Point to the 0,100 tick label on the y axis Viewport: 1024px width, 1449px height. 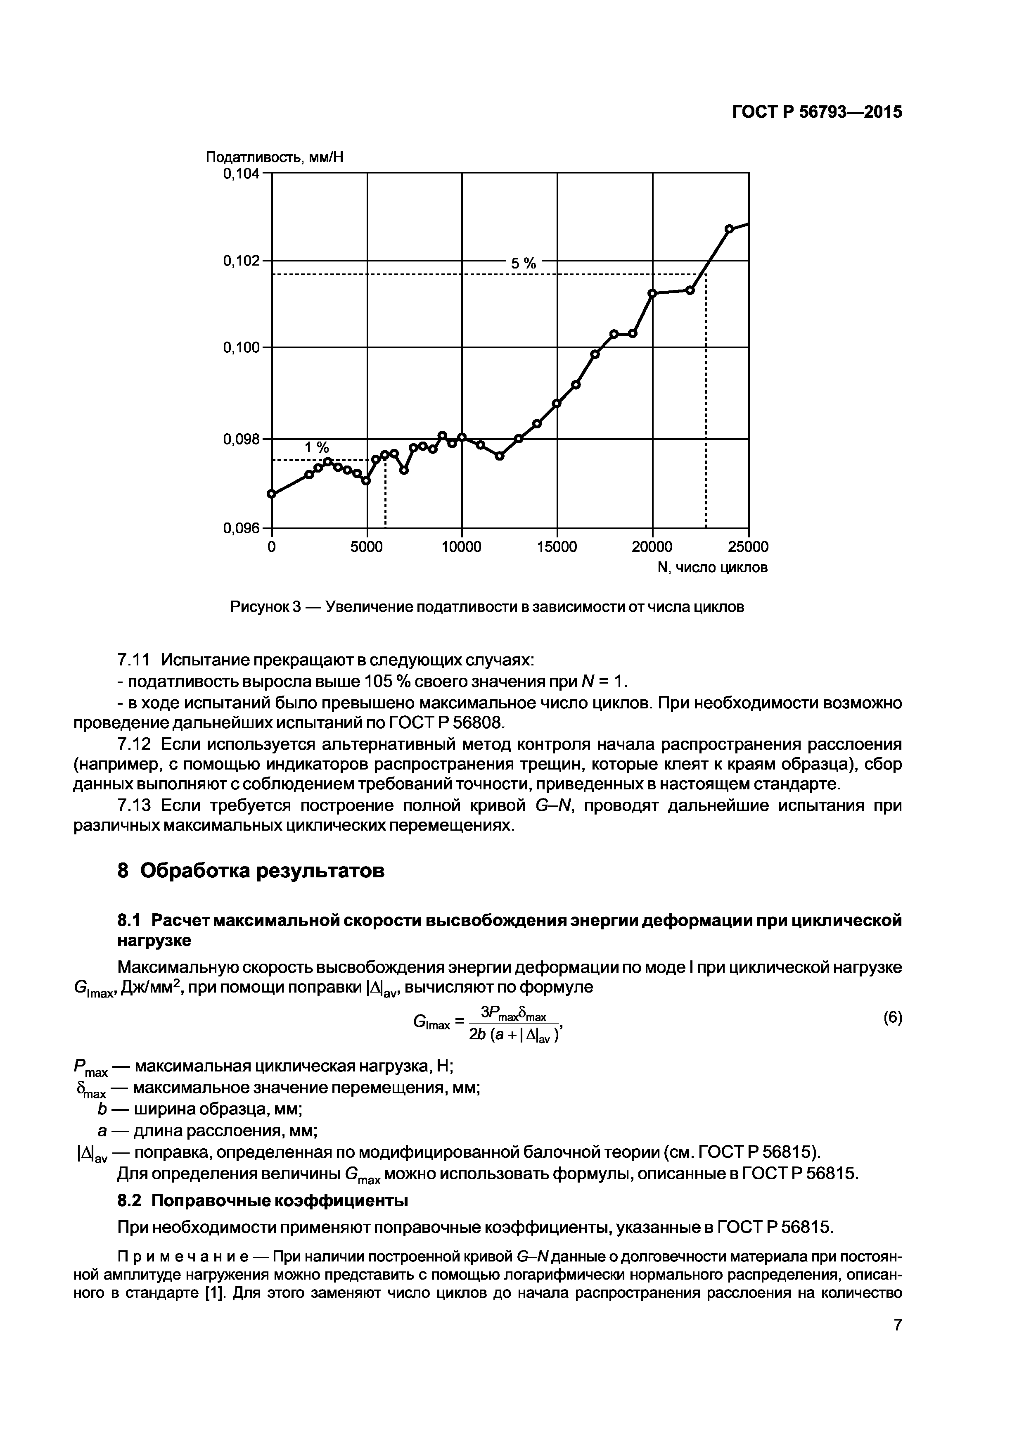[x=241, y=348]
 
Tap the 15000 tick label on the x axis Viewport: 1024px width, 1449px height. [x=557, y=546]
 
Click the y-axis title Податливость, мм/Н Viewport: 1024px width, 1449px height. [x=275, y=157]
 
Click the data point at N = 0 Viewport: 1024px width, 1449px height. [x=272, y=494]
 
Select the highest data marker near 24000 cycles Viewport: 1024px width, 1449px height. [x=729, y=228]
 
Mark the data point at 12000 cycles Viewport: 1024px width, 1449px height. [x=500, y=456]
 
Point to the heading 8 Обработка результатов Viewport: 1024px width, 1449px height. [x=251, y=871]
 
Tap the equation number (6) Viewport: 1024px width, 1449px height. [x=892, y=1017]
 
